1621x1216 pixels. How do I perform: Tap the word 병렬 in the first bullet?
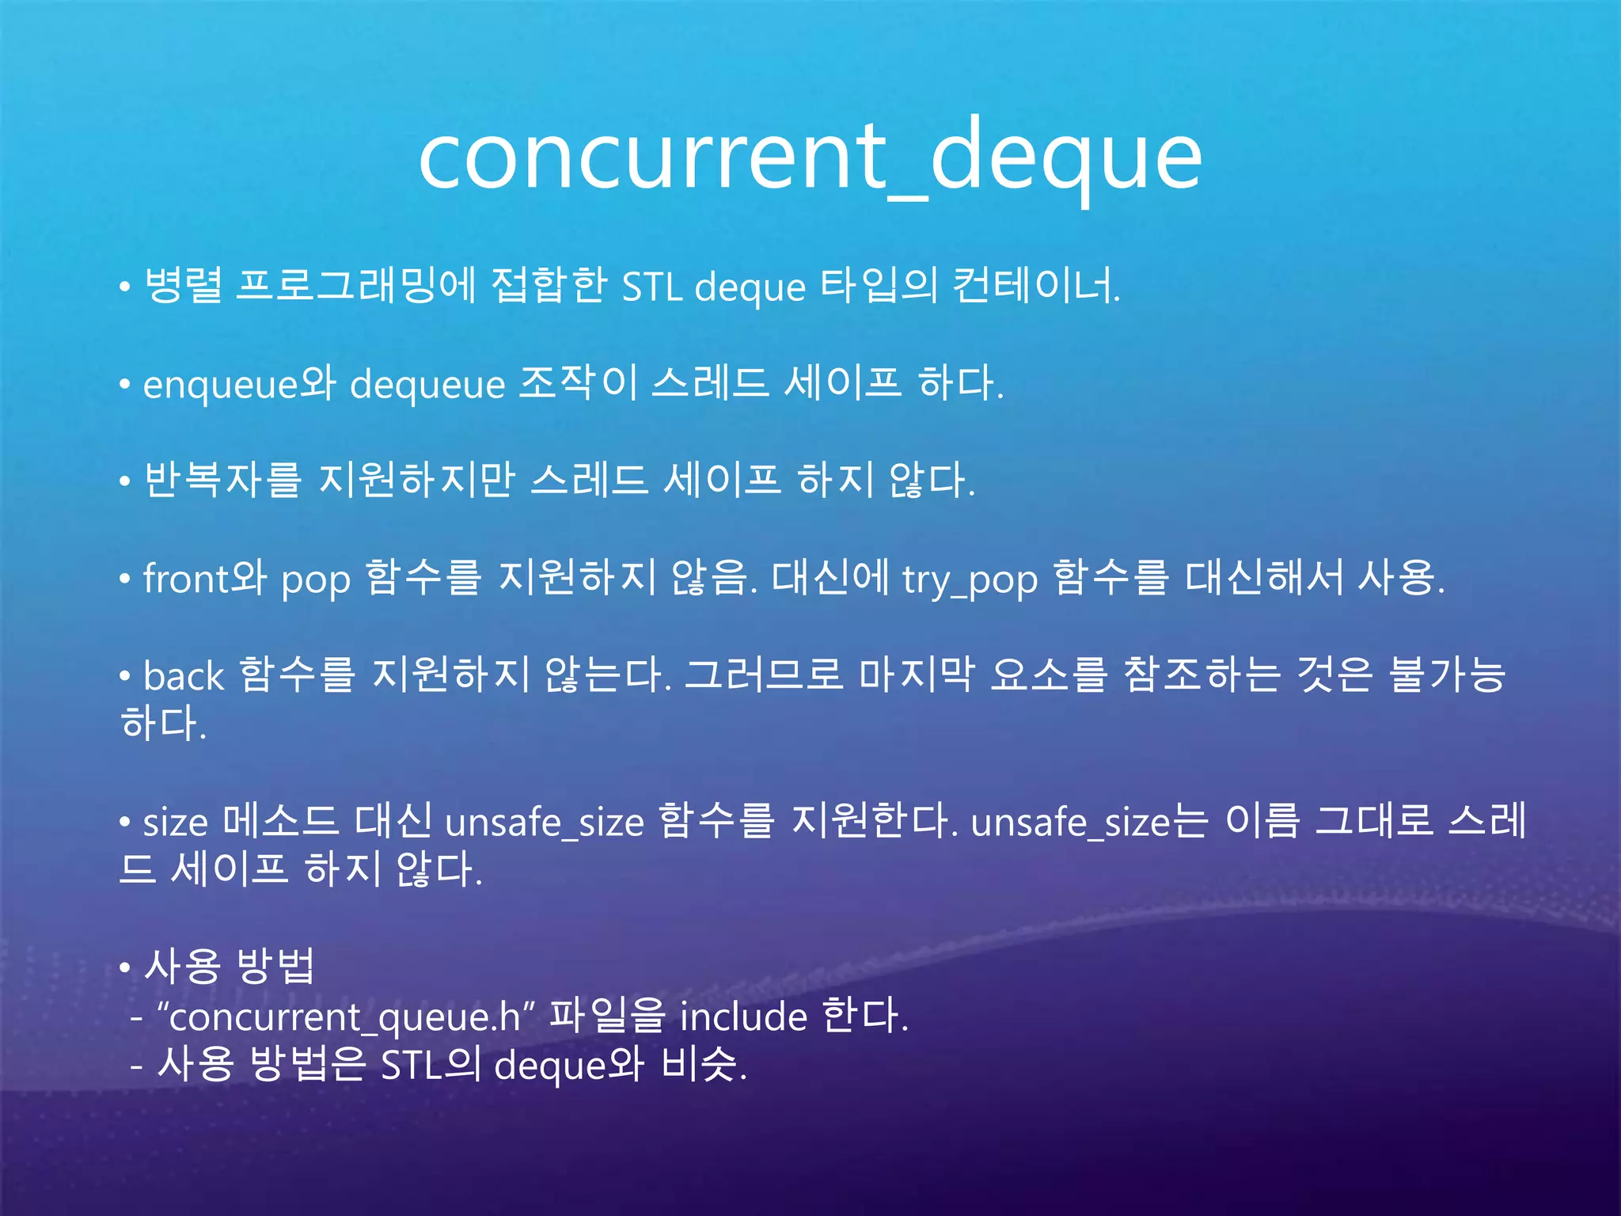183,286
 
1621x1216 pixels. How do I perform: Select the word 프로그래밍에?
356,286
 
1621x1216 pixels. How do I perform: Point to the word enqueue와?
239,385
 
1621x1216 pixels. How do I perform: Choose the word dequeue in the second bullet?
427,385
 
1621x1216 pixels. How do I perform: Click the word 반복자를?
222,481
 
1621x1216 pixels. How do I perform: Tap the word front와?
204,578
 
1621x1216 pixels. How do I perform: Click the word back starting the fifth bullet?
184,676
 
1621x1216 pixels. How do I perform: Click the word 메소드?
280,822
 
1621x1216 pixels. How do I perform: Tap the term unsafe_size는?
1089,822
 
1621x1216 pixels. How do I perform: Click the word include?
743,1016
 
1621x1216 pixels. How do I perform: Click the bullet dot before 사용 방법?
124,967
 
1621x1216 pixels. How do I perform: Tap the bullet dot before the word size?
124,823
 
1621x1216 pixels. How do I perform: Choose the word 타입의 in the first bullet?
878,286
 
